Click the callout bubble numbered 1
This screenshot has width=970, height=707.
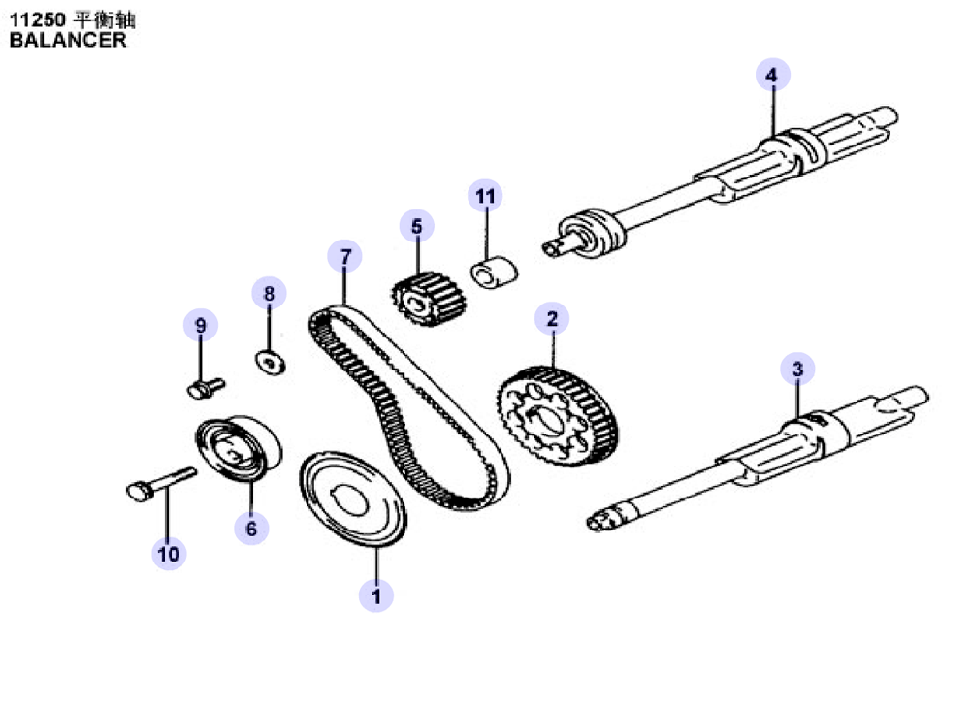pyautogui.click(x=376, y=595)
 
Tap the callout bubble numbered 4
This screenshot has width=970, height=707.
pyautogui.click(x=773, y=75)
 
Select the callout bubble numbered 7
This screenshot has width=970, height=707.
pyautogui.click(x=344, y=256)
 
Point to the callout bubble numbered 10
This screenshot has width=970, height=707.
pyautogui.click(x=169, y=553)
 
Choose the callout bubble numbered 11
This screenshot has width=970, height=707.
pyautogui.click(x=485, y=196)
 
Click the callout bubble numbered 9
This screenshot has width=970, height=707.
pyautogui.click(x=201, y=325)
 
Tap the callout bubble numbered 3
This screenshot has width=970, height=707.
pyautogui.click(x=797, y=369)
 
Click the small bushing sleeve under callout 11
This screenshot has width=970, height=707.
pyautogui.click(x=495, y=273)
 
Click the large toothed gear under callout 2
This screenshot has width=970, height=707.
pyautogui.click(x=558, y=416)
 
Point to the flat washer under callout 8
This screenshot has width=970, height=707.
pyautogui.click(x=271, y=362)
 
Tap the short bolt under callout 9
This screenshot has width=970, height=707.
pyautogui.click(x=206, y=389)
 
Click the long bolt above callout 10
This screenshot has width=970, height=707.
pyautogui.click(x=161, y=482)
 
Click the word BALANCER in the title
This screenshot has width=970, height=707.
pyautogui.click(x=68, y=40)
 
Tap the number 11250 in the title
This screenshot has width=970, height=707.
pyautogui.click(x=37, y=19)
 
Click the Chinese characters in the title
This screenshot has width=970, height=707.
pyautogui.click(x=104, y=19)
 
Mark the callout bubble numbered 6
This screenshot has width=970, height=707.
pyautogui.click(x=251, y=529)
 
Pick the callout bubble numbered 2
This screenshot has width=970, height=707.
pyautogui.click(x=552, y=318)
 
